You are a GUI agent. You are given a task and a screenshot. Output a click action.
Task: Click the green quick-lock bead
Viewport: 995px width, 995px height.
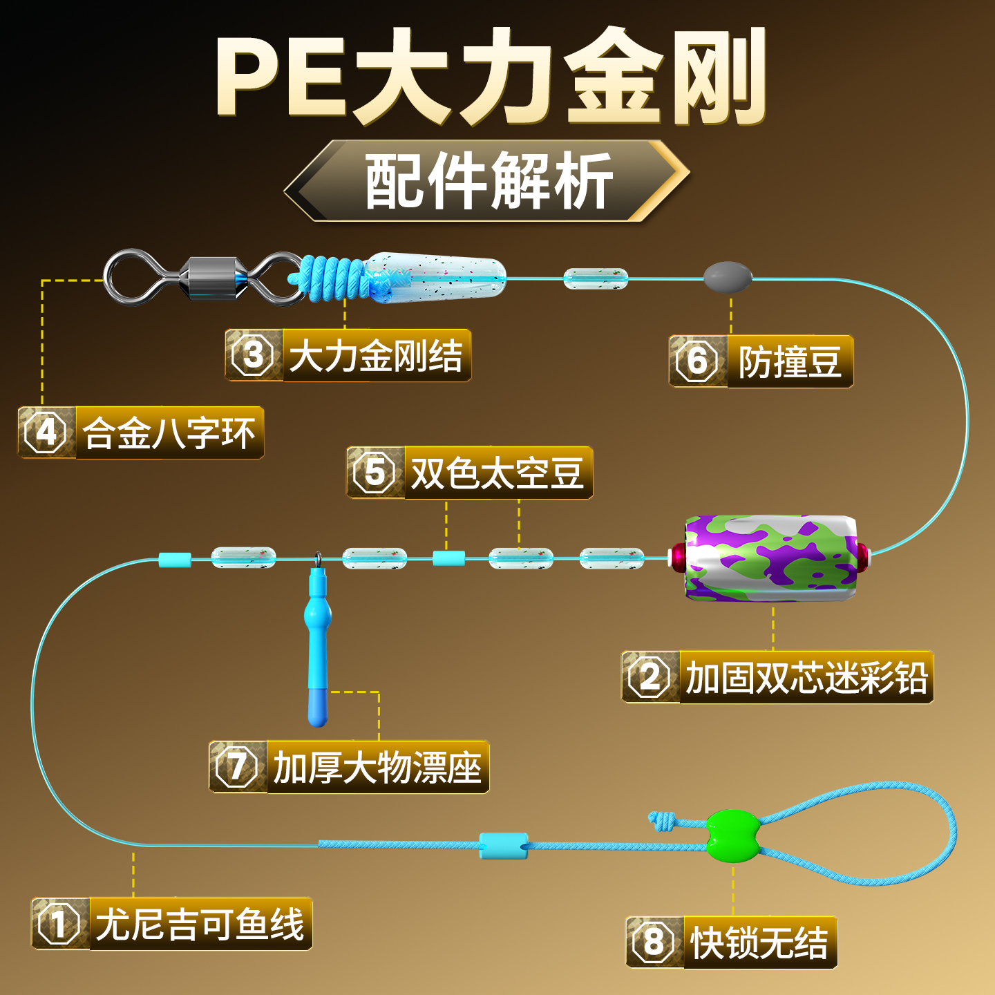click(x=733, y=835)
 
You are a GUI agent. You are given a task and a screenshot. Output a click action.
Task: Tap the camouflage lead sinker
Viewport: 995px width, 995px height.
click(x=771, y=557)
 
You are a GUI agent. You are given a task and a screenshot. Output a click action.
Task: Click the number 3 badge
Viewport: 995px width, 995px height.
click(x=254, y=355)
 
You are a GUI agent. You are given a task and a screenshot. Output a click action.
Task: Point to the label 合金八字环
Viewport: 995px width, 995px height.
click(x=169, y=433)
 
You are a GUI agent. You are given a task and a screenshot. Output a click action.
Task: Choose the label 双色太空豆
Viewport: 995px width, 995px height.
click(x=497, y=473)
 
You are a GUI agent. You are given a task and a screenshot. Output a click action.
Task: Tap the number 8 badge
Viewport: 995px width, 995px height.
click(x=654, y=942)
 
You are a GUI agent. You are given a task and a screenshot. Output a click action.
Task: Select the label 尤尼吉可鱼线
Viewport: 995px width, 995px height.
click(x=200, y=924)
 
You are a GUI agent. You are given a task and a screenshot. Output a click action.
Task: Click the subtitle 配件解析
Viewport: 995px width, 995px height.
click(x=488, y=181)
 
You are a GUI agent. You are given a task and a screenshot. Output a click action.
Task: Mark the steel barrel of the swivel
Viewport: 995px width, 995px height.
click(x=212, y=278)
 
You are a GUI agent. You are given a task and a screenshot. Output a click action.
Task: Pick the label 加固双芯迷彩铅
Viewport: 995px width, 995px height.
click(x=806, y=677)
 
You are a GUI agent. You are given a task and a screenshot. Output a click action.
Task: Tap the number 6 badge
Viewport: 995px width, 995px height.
click(x=697, y=361)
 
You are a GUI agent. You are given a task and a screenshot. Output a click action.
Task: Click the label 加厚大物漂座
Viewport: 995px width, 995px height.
click(x=377, y=767)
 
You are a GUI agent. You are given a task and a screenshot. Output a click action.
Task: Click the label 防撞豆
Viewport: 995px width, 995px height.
click(x=790, y=361)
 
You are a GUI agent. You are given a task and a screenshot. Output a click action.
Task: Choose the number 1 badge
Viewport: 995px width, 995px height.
click(x=59, y=924)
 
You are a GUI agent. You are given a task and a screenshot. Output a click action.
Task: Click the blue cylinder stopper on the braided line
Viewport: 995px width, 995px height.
click(x=504, y=846)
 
